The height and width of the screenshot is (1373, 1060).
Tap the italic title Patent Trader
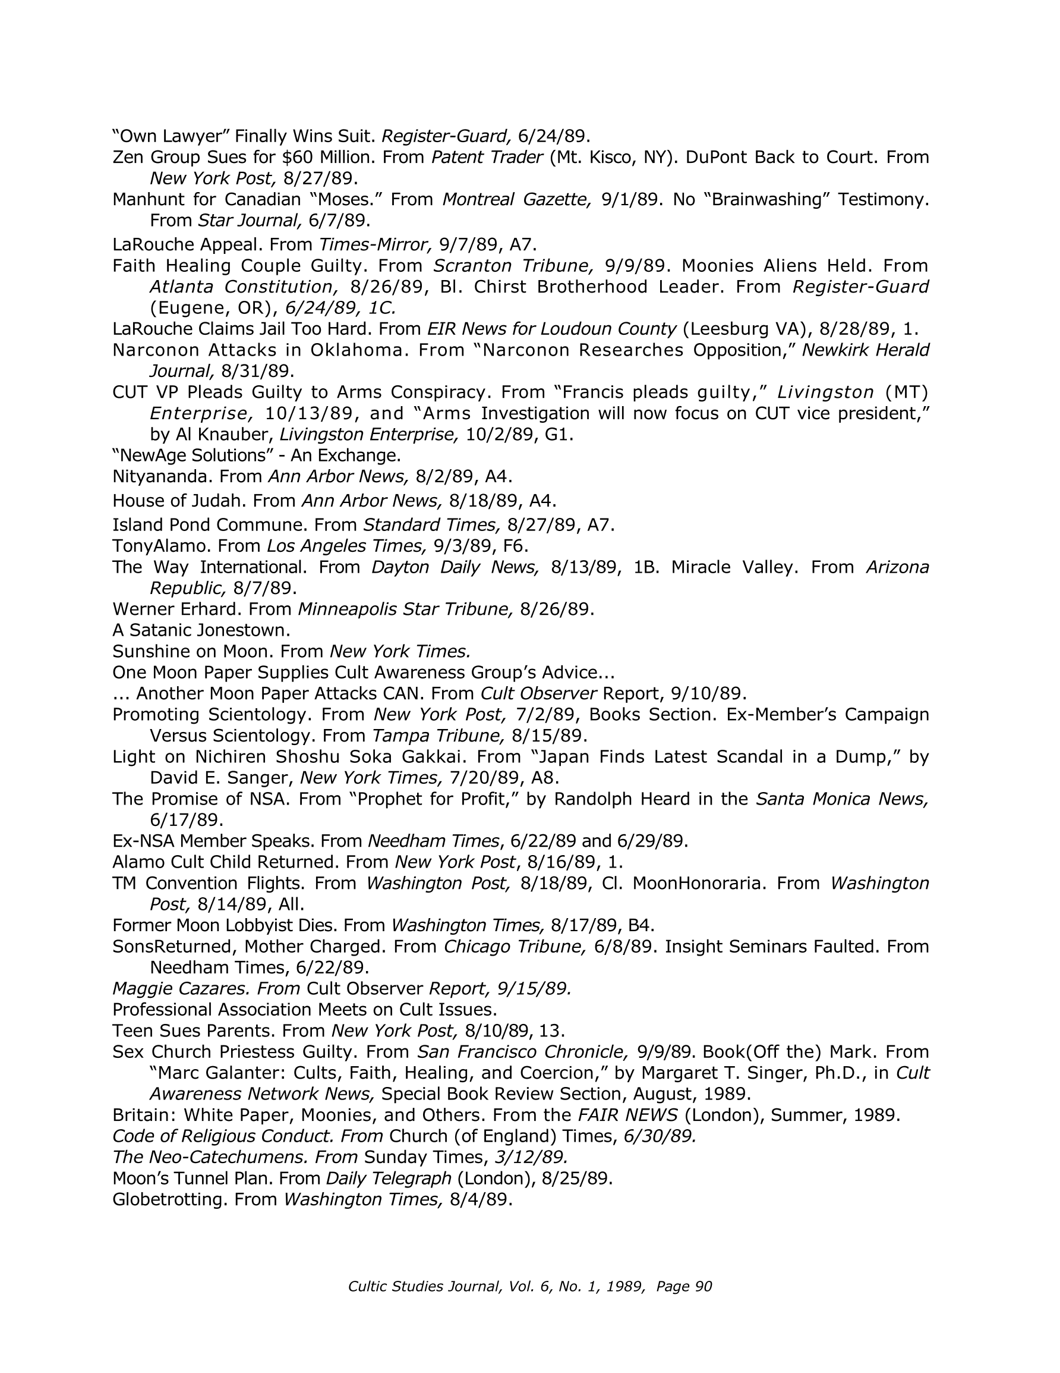tap(487, 157)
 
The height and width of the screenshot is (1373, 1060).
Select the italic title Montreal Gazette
tap(516, 199)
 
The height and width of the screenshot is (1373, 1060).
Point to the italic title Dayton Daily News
tap(455, 567)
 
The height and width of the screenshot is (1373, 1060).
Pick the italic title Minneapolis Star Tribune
tap(406, 609)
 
